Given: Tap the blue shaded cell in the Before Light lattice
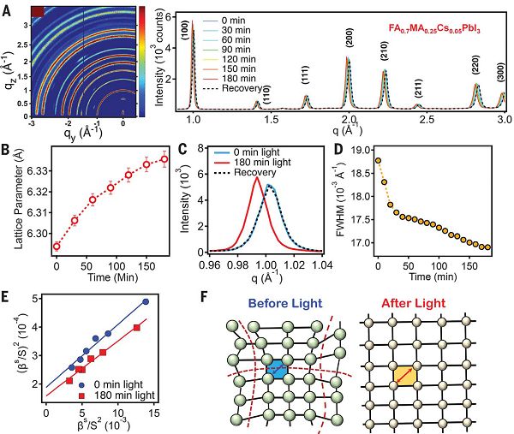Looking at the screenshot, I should point(278,370).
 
